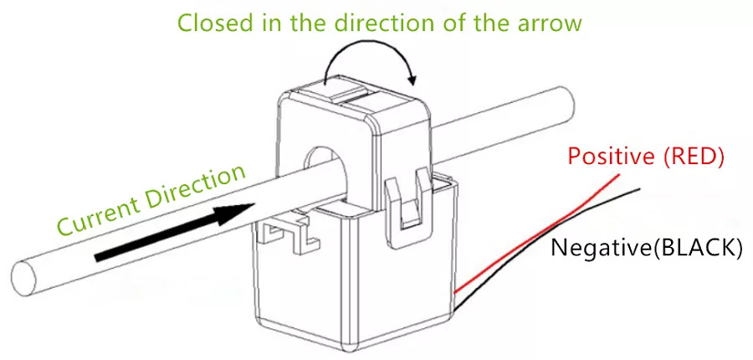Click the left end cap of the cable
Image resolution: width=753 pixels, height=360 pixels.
coord(24,278)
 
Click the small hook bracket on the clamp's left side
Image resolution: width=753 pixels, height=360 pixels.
coord(287,235)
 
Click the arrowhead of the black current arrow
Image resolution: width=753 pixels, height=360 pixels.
coord(235,213)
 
